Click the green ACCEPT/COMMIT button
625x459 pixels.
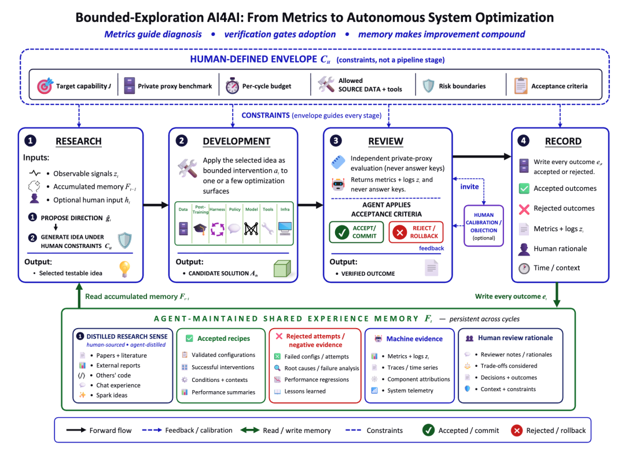click(x=356, y=232)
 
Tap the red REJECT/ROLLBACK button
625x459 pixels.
click(x=416, y=232)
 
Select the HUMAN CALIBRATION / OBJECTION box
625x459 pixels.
click(x=483, y=226)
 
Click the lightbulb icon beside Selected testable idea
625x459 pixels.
click(x=125, y=269)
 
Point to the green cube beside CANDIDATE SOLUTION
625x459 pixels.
click(x=282, y=268)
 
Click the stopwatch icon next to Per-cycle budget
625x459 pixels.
click(x=232, y=85)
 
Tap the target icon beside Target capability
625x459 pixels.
click(x=45, y=85)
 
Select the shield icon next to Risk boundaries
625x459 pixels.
click(x=428, y=85)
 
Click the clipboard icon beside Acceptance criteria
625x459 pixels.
click(x=521, y=85)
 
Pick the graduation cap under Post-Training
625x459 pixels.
click(x=200, y=229)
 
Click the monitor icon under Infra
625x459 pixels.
click(x=285, y=229)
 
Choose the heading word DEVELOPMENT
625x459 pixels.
click(x=236, y=141)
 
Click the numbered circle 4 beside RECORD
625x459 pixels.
click(x=523, y=140)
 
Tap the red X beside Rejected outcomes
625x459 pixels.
click(x=524, y=209)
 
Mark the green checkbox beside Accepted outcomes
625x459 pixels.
click(x=524, y=188)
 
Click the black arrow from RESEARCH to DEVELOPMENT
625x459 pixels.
click(x=156, y=205)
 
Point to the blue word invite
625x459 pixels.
click(x=469, y=187)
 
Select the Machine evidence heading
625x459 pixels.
click(x=414, y=339)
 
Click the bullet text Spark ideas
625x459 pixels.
click(x=112, y=395)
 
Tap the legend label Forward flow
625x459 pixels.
click(x=111, y=430)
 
